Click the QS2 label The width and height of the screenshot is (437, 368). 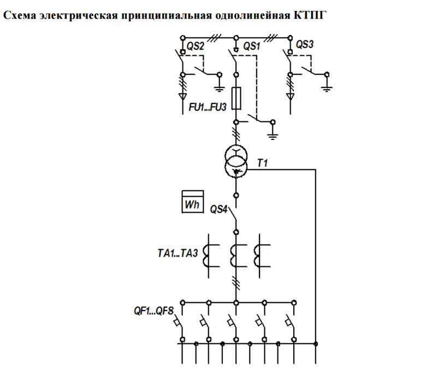tap(195, 46)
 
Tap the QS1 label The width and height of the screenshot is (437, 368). tap(252, 46)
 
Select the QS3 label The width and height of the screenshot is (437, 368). tap(304, 44)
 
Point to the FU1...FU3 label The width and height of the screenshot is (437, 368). tap(208, 107)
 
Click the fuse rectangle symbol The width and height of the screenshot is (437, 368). tap(237, 98)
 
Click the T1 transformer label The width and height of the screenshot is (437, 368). tap(262, 163)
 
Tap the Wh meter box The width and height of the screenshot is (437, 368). tap(192, 202)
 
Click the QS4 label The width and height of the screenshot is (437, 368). tap(219, 209)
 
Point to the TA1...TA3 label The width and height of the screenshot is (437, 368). tap(178, 253)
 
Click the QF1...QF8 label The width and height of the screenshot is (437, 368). tap(154, 311)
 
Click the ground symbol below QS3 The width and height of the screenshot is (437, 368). tap(327, 89)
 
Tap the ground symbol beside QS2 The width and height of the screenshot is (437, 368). tap(220, 89)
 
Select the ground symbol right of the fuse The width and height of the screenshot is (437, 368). tap(273, 137)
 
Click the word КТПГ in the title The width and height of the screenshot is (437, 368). tap(309, 15)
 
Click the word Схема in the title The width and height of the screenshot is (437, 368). tap(20, 15)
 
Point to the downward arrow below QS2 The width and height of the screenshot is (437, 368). tap(183, 97)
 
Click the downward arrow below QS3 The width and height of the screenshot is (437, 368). tap(291, 97)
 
